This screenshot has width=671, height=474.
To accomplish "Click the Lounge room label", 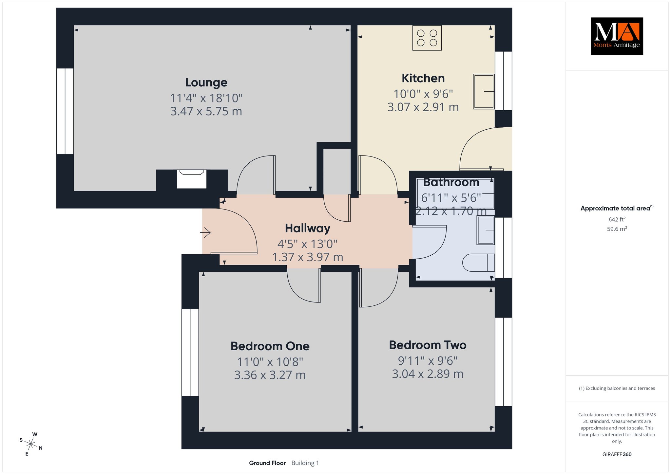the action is tap(206, 82).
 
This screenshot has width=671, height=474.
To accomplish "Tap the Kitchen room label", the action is tap(423, 79).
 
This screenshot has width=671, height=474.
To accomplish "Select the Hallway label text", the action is tap(307, 228).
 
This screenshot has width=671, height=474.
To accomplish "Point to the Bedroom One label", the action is tap(270, 346).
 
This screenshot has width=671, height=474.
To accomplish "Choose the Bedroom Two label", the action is tap(428, 345).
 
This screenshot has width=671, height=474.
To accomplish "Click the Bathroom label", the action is tap(451, 182).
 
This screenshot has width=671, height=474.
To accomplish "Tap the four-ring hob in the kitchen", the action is tap(427, 38).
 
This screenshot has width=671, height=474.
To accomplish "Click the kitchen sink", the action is tap(484, 91).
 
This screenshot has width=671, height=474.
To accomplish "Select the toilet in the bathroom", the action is tap(478, 263).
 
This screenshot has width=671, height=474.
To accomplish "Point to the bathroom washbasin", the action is tap(486, 230).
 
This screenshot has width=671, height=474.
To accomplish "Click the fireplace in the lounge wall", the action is tap(192, 179).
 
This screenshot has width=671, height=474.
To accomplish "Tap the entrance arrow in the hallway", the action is tap(205, 232).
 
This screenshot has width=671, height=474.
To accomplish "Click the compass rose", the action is tap(31, 444).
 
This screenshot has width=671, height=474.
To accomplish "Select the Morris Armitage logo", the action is tap(617, 36).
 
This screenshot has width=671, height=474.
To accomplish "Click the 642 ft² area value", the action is tap(617, 219).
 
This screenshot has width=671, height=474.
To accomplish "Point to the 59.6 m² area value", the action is tap(617, 229).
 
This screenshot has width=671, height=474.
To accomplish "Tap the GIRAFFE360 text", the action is tap(617, 454).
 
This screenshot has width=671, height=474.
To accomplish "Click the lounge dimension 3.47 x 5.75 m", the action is tap(206, 112).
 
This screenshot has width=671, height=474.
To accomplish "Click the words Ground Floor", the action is tap(267, 463).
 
